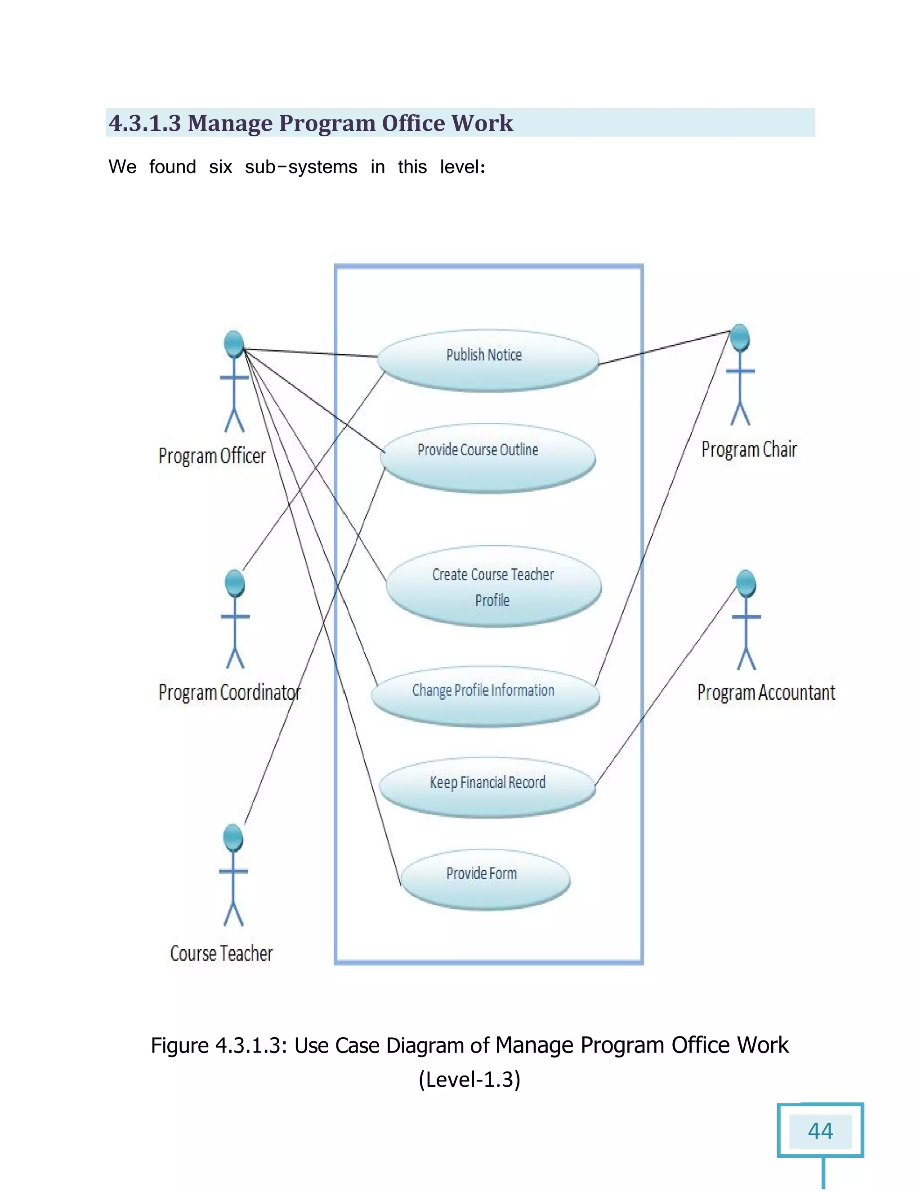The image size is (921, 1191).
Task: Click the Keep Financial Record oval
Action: pos(487,787)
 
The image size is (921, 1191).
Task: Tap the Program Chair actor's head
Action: pos(740,337)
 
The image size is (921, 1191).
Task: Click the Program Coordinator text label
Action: pos(229,693)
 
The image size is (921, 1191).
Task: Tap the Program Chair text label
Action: pos(749,450)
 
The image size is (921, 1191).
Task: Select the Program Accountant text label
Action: pos(765,693)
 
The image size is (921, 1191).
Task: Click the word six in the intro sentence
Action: pos(220,167)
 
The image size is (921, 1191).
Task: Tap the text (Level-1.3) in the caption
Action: pos(469,1080)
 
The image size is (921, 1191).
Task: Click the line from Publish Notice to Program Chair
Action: pos(665,348)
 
